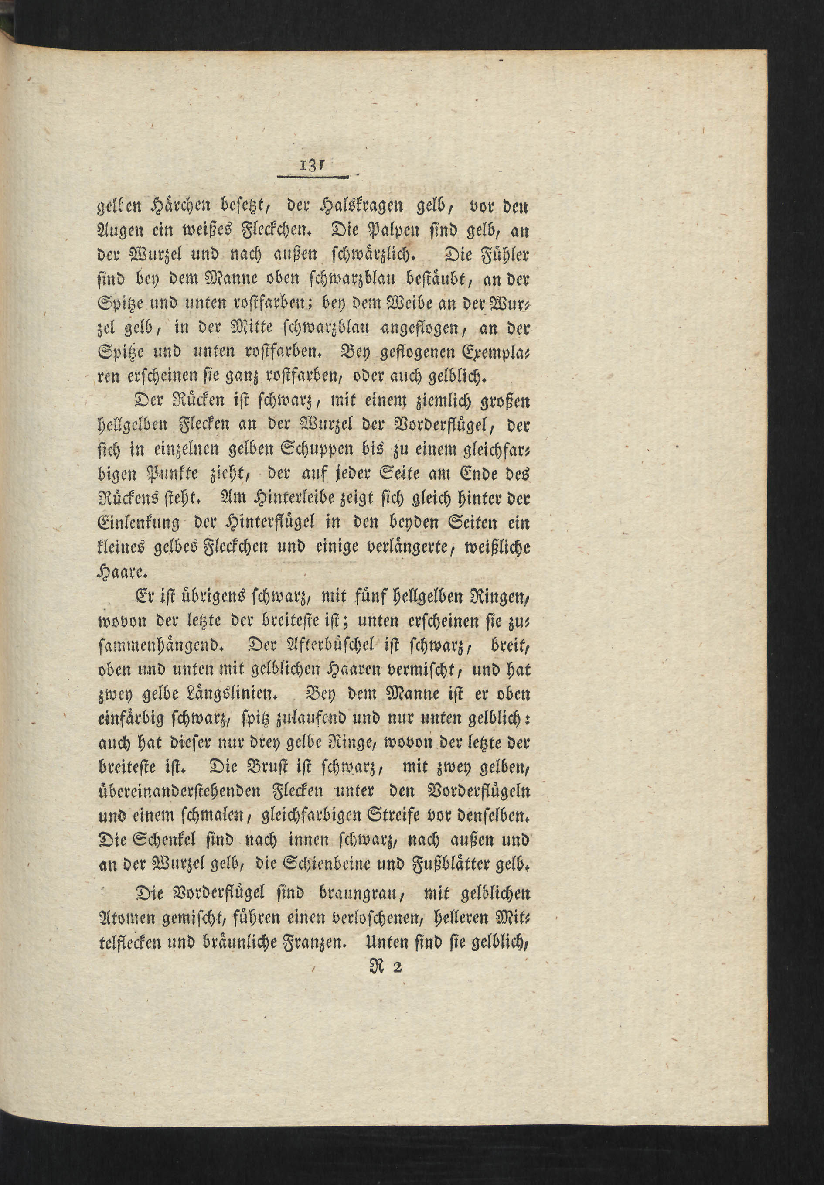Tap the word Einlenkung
[x=138, y=523]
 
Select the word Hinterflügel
[x=255, y=523]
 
